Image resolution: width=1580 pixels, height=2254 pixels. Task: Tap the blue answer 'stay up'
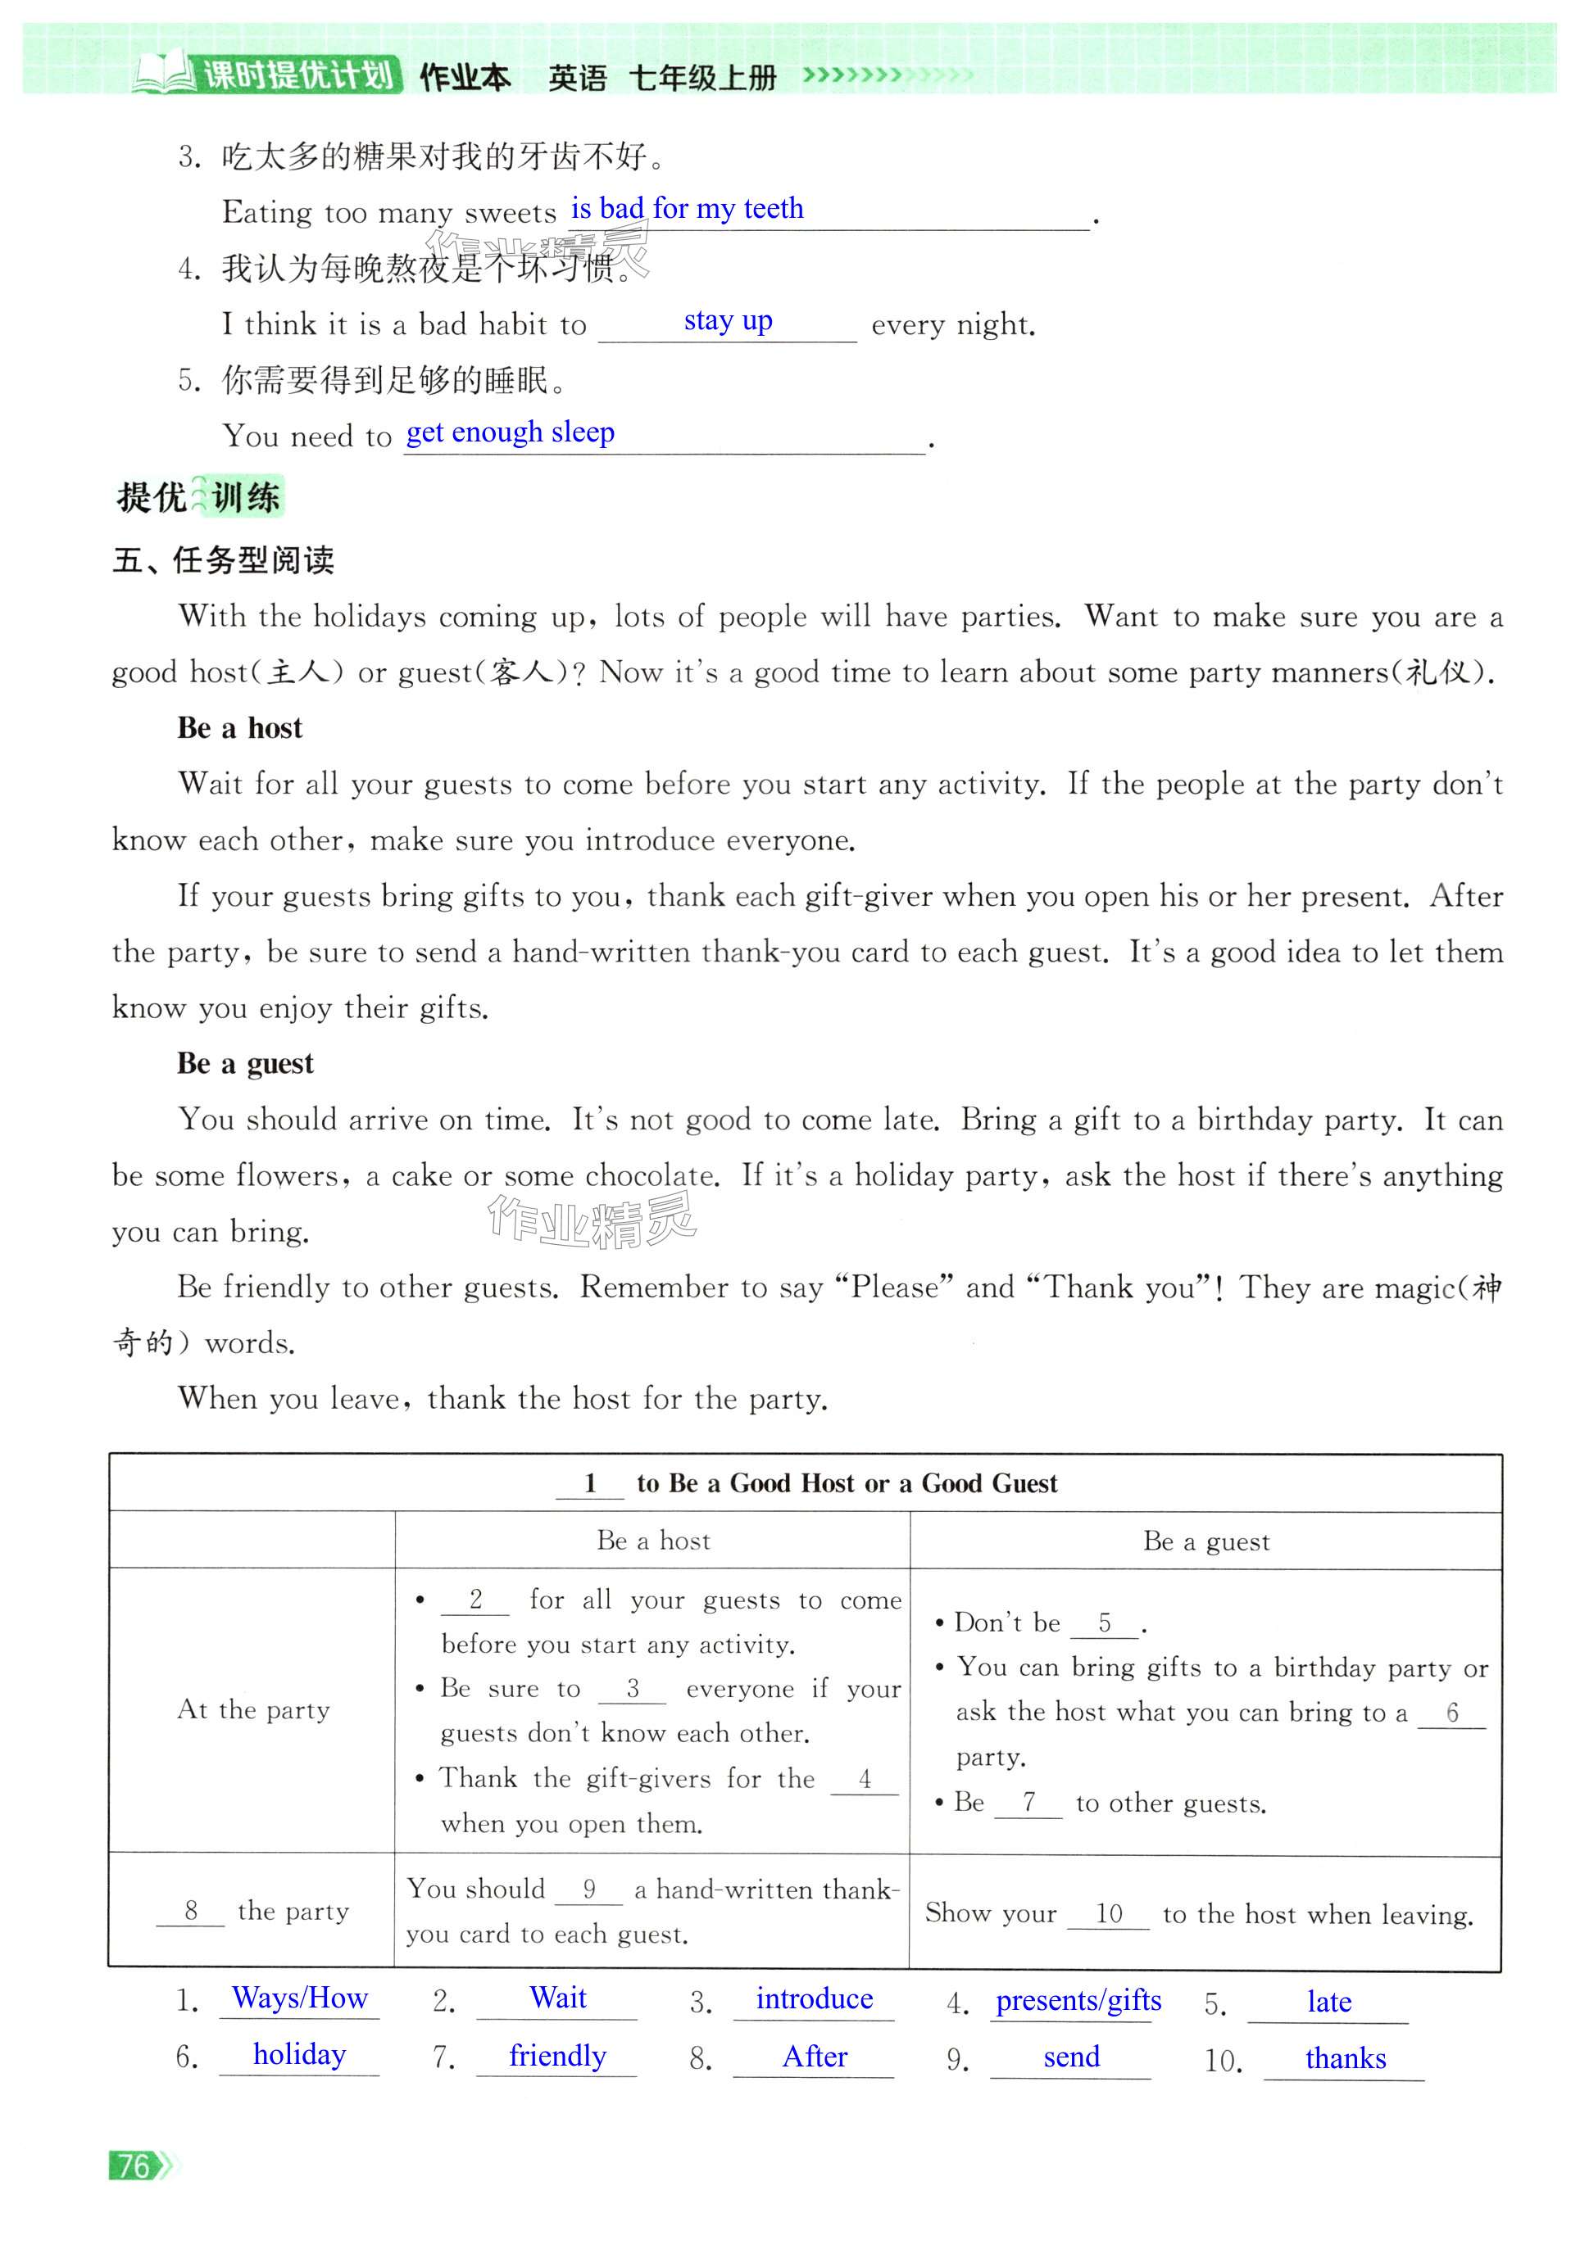[x=728, y=321]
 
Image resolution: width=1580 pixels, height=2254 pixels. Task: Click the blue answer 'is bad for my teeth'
[x=688, y=208]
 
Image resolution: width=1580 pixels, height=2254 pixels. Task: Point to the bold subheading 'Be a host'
[x=239, y=727]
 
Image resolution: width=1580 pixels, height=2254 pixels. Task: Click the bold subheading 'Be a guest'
[x=246, y=1063]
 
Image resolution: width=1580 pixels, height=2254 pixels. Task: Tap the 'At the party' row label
[x=253, y=1709]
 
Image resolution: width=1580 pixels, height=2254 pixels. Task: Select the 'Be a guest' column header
[x=1205, y=1541]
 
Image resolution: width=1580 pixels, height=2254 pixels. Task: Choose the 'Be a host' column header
[x=653, y=1541]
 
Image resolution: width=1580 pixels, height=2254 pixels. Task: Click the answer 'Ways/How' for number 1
[x=299, y=1998]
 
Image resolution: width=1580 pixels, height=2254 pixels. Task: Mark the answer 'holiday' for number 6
[x=299, y=2055]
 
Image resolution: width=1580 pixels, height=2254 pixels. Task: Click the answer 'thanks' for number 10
[x=1346, y=2058]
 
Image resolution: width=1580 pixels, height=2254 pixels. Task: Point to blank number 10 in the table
[x=1109, y=1913]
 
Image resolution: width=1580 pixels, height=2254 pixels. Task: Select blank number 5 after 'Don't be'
[x=1105, y=1623]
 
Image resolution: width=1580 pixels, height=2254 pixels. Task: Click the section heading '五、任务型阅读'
[x=223, y=560]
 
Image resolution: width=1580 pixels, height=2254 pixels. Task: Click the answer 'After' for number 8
[x=814, y=2057]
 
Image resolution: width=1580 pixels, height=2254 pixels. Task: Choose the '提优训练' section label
[x=199, y=496]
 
